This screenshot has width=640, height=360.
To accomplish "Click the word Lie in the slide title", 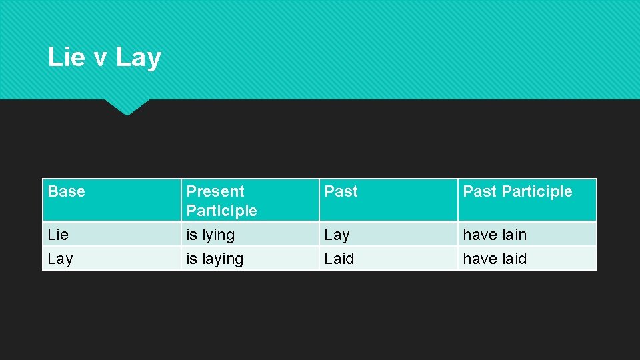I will (x=66, y=57).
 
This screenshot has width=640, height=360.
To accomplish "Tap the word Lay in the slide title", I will (x=138, y=57).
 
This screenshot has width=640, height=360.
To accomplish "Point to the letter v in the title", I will (x=100, y=58).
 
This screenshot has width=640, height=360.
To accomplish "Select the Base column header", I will (x=67, y=191).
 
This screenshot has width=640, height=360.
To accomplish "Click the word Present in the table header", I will (x=215, y=191).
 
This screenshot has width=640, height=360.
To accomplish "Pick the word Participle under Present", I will (x=221, y=211).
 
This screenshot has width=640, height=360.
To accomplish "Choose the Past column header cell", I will (x=341, y=191).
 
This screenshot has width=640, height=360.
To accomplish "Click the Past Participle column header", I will (x=517, y=191).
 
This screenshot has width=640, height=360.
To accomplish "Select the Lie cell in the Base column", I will (x=59, y=235).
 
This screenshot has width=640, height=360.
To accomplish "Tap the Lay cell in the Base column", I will (x=60, y=259).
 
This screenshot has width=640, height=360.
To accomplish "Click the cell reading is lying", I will (x=211, y=235).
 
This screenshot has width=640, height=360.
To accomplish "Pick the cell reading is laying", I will (x=215, y=259).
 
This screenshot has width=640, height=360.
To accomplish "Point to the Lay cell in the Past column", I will (x=337, y=235).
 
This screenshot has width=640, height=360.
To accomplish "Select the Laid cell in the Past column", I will (x=339, y=259).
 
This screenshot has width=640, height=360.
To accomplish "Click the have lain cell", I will (x=495, y=235).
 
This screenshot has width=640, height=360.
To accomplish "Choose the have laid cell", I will (x=495, y=259).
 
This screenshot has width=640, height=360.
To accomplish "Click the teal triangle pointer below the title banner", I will (x=127, y=106).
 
